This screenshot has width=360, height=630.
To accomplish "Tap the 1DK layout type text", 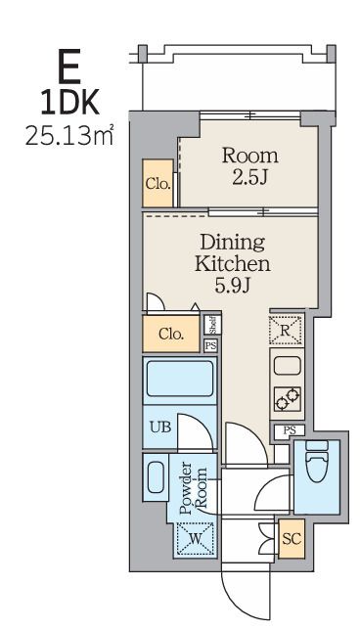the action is (69, 103).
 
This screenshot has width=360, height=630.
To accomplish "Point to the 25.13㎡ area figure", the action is (69, 136).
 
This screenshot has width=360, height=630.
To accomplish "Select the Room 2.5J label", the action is (249, 166).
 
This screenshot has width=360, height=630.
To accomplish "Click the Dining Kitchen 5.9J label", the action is (232, 264).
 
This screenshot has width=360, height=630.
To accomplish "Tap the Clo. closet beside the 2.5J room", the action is (157, 183).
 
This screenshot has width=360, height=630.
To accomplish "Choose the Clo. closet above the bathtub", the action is (171, 334).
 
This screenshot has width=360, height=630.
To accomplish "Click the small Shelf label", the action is (212, 325).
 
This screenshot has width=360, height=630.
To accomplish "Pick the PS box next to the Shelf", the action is (210, 345).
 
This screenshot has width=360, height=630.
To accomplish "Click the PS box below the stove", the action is (290, 430).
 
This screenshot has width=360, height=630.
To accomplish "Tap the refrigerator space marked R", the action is (286, 331).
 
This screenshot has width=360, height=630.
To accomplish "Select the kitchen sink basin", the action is (287, 366).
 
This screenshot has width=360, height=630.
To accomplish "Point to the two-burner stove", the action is (288, 399).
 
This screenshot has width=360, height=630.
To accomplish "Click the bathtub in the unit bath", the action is (180, 379).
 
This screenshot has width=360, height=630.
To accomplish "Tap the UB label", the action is (160, 427).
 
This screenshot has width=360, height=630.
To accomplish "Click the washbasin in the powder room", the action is (156, 476).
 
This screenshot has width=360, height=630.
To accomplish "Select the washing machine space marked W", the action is (196, 538).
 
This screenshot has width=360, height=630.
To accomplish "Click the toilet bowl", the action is (317, 462).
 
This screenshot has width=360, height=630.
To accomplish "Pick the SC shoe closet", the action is (292, 538).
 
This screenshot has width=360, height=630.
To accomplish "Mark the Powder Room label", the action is (194, 488).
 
